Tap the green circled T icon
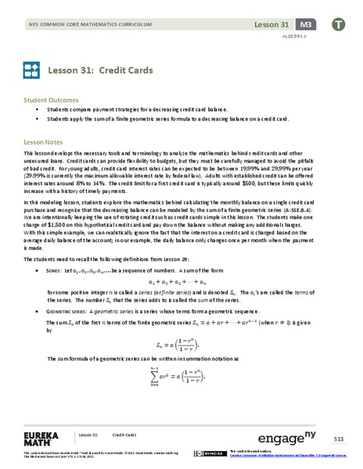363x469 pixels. (337, 25)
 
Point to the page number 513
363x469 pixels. (336, 436)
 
